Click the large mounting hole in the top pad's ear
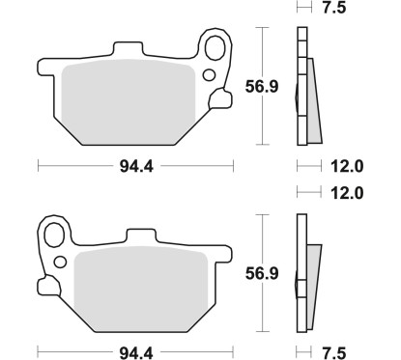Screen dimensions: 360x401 pyautogui.click(x=215, y=46)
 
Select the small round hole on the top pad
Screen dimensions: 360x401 pyautogui.click(x=210, y=74)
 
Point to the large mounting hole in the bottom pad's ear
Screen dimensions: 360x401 pyautogui.click(x=54, y=233)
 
